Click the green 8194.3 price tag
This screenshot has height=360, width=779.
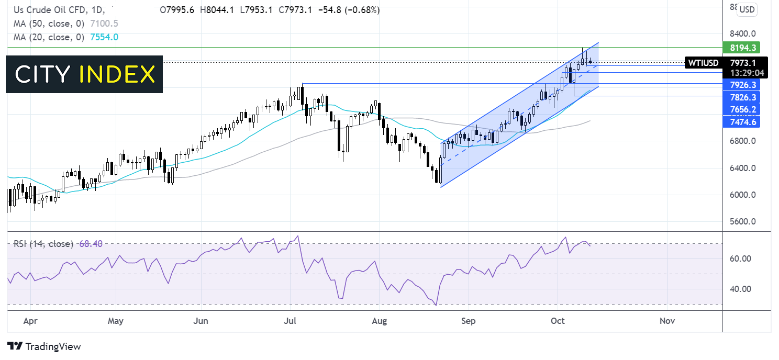pos(741,48)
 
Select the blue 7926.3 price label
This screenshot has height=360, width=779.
pos(741,85)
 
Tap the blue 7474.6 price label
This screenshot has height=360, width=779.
pos(741,122)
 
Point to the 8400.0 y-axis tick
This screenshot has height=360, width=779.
pos(742,33)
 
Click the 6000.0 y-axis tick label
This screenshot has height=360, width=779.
pos(742,195)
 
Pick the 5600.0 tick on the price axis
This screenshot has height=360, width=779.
pos(742,221)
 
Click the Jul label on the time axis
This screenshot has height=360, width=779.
pos(290,321)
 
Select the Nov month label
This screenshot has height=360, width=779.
pos(667,321)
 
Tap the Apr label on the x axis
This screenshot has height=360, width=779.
pos(30,321)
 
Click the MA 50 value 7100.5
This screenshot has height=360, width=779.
pos(104,24)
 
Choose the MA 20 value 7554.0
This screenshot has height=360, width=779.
pos(104,37)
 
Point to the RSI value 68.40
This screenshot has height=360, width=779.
pos(91,244)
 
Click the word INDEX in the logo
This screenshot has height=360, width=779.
pos(117,74)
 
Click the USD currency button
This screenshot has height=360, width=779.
pos(747,9)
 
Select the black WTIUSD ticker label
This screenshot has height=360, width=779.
pos(703,63)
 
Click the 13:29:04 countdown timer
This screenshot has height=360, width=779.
pos(747,73)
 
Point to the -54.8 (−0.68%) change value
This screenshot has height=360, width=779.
pos(349,10)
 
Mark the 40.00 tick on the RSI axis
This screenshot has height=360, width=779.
pos(740,289)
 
